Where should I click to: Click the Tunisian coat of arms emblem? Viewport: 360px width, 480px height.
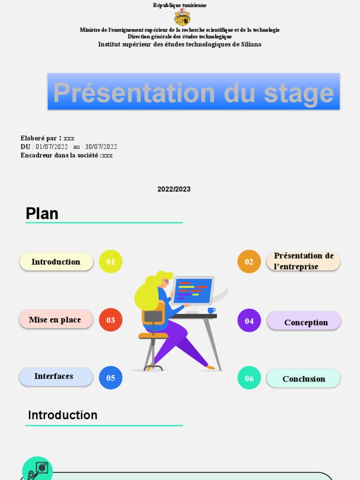pos(182,17)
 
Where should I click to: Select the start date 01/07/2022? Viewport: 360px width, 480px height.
pos(52,147)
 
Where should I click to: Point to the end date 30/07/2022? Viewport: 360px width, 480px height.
pos(101,147)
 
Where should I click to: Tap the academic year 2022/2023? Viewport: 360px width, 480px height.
pos(174,189)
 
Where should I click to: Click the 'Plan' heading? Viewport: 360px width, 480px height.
pos(42,214)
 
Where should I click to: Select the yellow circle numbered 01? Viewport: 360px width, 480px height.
pos(111,262)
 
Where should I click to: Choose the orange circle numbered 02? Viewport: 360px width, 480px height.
pos(249,262)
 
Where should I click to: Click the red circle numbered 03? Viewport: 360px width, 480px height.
pos(111,320)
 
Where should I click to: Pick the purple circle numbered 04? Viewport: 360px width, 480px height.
pos(249,321)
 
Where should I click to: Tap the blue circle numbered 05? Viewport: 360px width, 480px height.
pos(111,378)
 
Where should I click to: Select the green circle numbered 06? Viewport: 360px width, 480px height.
pos(249,378)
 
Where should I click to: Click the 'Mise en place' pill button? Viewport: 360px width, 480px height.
pos(56,320)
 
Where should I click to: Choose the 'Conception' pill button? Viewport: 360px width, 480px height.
pos(304,322)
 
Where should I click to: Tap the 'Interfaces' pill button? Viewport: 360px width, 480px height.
pos(56,376)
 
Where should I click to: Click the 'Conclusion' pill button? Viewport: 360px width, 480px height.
pos(303,379)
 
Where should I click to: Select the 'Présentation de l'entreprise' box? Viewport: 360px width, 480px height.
pos(303,261)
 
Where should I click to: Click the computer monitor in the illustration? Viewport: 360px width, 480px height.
pos(193,290)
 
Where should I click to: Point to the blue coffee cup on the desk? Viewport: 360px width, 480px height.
pos(211,310)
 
